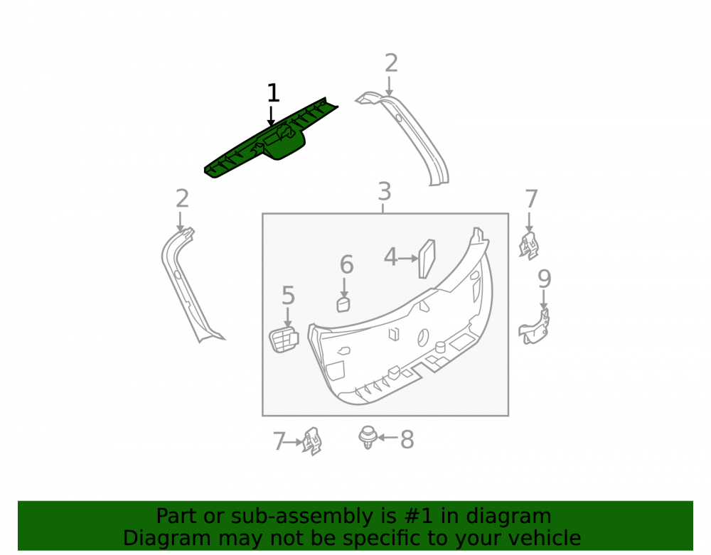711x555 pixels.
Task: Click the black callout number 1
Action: click(x=272, y=92)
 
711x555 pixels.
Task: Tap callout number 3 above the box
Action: click(x=384, y=192)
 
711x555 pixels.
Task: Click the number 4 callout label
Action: click(x=390, y=257)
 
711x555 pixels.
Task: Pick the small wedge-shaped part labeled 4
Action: click(x=427, y=258)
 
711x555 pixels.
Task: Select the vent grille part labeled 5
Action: click(x=284, y=340)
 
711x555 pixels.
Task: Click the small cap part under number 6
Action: click(x=343, y=304)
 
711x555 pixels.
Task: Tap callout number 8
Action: click(x=407, y=439)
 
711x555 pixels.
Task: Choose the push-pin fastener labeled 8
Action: click(x=368, y=437)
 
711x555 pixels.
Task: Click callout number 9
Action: click(x=544, y=279)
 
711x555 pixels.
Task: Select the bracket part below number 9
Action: click(x=535, y=327)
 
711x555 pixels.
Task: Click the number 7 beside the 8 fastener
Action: click(x=279, y=441)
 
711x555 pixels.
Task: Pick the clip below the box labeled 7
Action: click(x=312, y=441)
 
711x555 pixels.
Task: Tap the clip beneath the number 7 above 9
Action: click(x=529, y=246)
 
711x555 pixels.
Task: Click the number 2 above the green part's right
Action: click(x=391, y=63)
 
